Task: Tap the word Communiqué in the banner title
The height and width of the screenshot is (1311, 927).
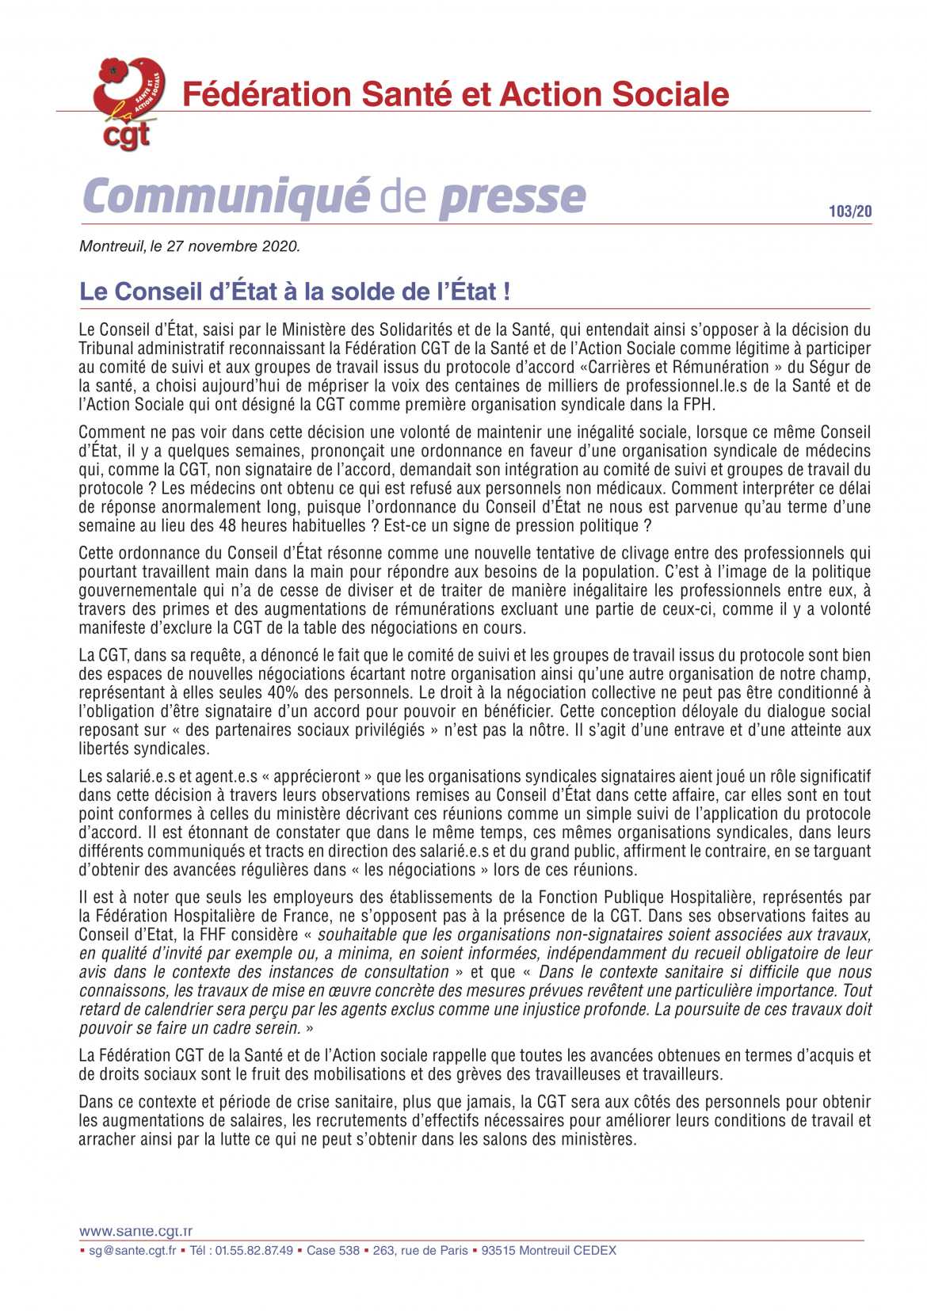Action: point(227,196)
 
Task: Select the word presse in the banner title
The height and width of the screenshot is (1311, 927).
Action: point(513,196)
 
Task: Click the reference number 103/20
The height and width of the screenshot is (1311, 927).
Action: point(850,212)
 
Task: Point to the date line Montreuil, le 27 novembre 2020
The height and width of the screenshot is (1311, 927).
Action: point(189,246)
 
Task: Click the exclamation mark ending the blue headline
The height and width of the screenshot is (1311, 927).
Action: point(506,292)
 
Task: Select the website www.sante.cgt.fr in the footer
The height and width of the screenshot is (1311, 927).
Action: point(135,1232)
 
